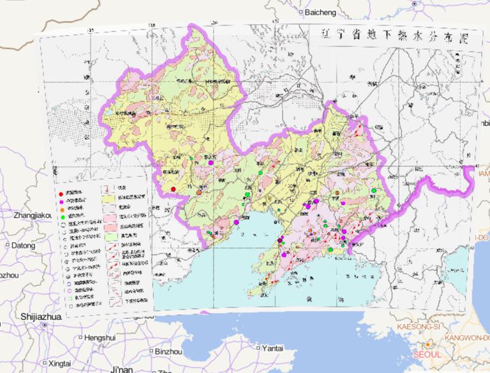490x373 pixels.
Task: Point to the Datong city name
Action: [x=24, y=245]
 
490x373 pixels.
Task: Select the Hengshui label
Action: [x=101, y=337]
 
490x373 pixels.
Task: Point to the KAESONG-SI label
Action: [x=419, y=326]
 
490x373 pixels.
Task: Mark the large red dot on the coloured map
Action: [x=173, y=188]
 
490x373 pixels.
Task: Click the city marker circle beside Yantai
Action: [x=257, y=349]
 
